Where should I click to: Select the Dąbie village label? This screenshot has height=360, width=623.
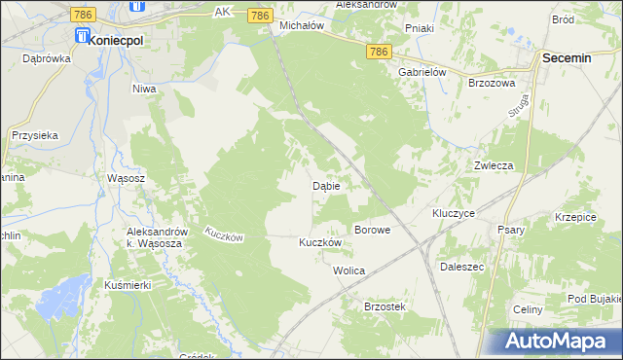325,185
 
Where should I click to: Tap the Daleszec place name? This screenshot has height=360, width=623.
462,265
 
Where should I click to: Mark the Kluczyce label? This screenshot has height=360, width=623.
453,212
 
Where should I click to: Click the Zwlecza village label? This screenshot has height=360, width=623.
493,165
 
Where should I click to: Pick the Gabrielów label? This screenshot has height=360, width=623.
421,72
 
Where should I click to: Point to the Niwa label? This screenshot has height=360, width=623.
144,89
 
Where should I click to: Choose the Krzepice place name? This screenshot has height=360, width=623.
575,217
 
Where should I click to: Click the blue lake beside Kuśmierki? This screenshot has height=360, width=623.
64,293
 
